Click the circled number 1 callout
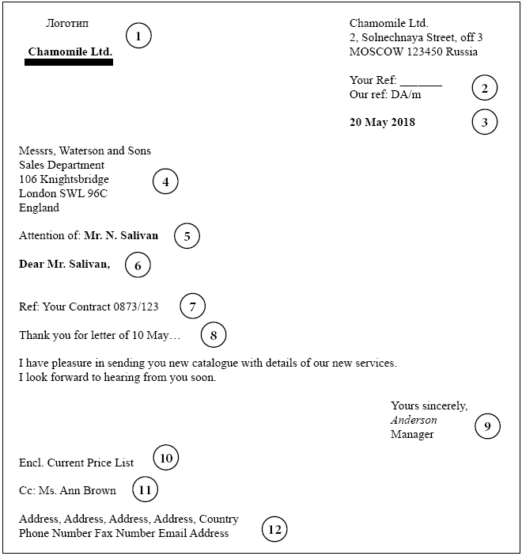pos(138,36)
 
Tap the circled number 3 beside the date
pos(485,122)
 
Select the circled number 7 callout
pos(192,306)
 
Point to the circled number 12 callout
pos(274,530)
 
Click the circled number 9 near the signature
pos(487,428)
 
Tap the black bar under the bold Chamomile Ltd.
pos(69,62)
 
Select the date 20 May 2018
pos(382,123)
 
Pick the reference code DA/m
pos(406,95)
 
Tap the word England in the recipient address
pos(39,208)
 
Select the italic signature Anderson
pos(414,421)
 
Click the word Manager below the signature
pos(412,435)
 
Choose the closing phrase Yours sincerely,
pos(429,406)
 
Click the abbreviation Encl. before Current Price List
pos(32,463)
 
